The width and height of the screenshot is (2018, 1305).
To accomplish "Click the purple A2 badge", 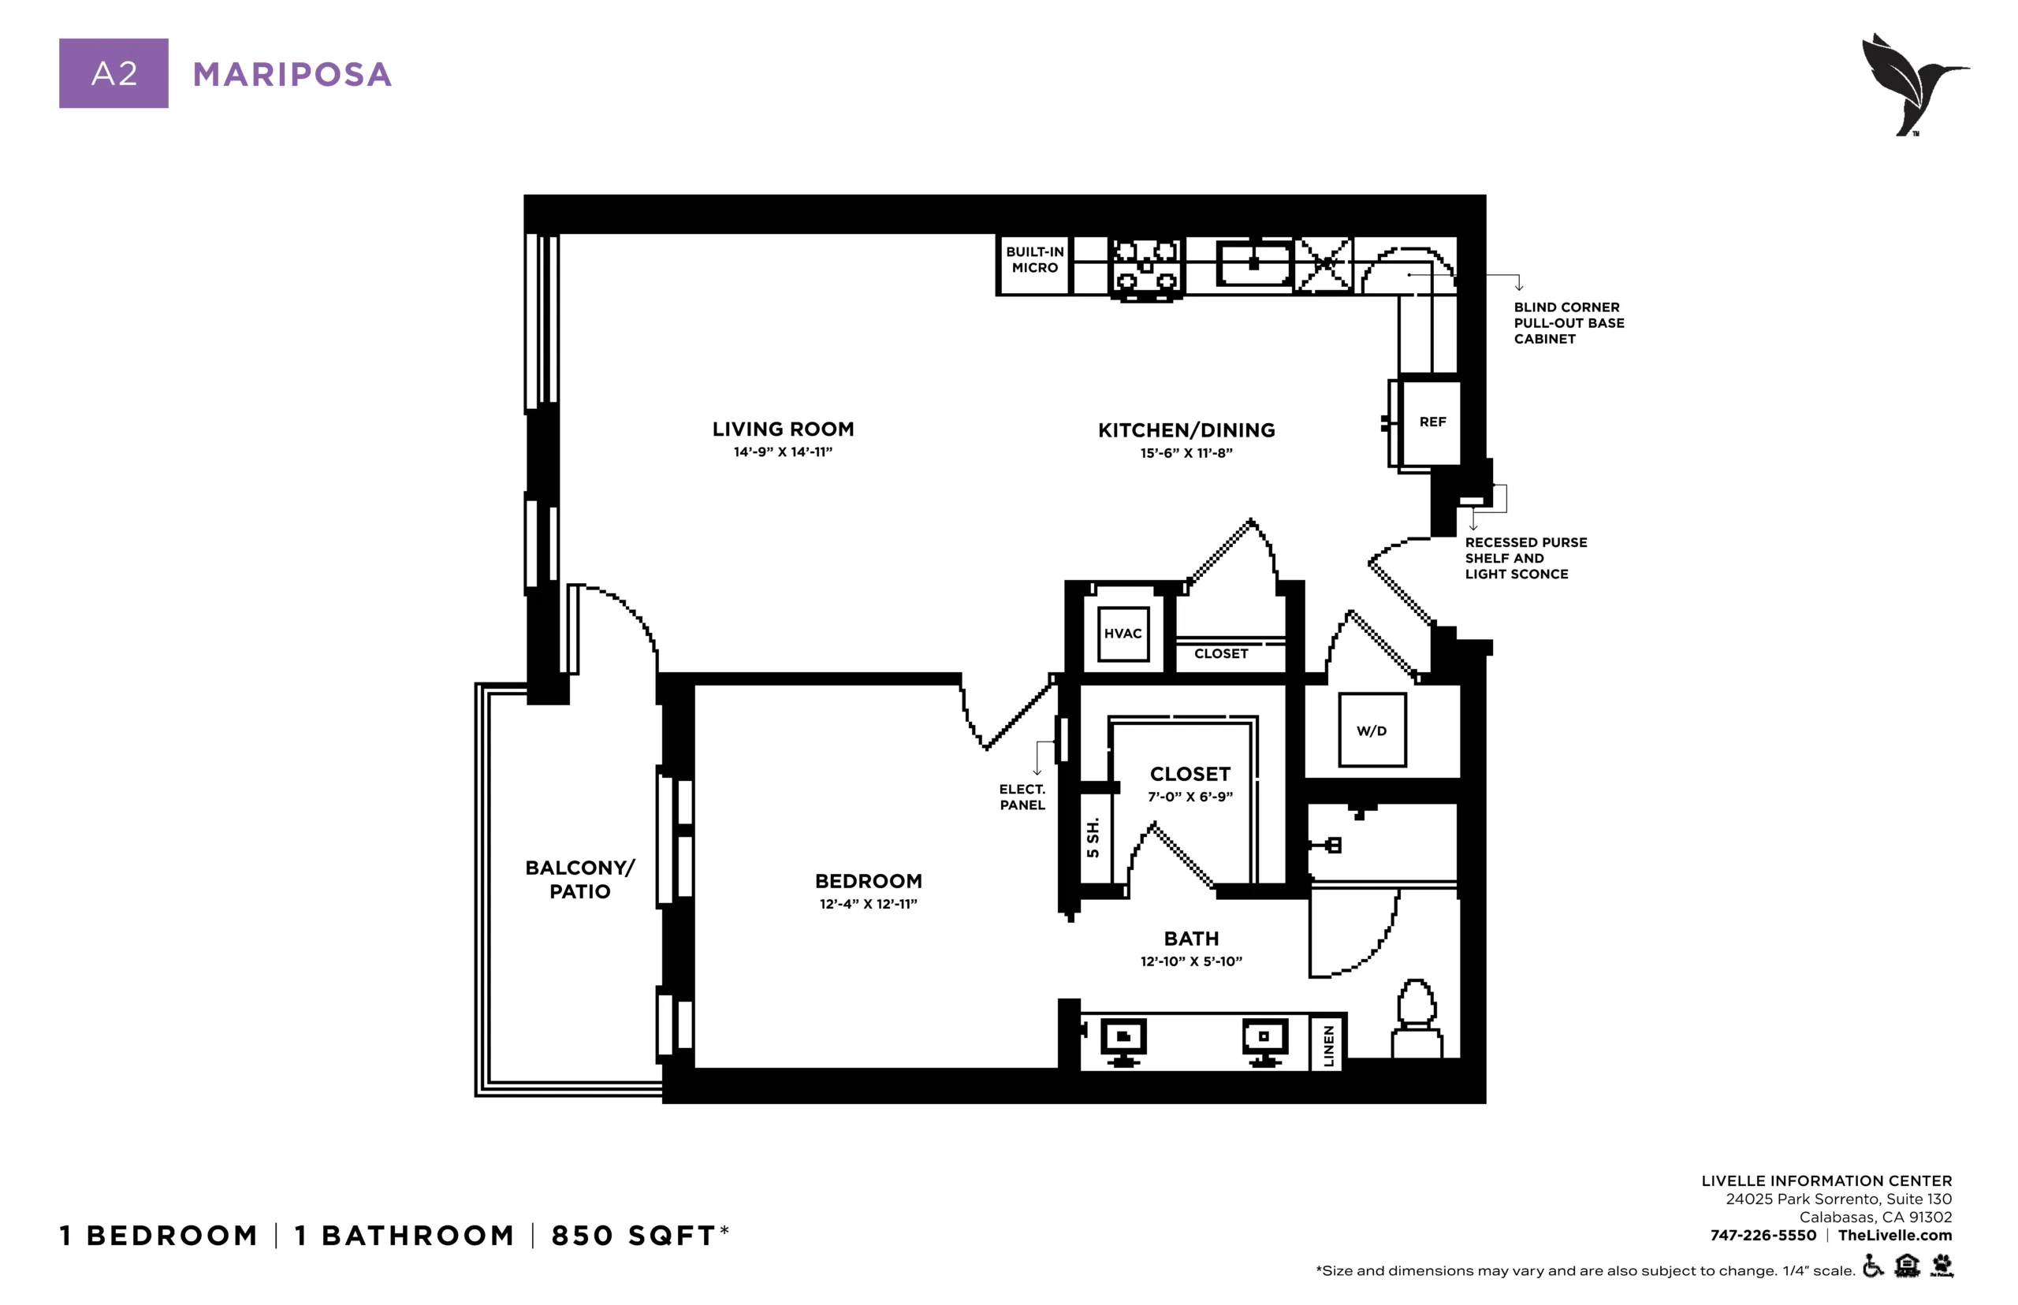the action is (114, 72).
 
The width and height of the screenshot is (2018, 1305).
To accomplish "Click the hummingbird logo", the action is (1914, 84).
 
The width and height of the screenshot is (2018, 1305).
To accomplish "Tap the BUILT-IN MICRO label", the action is (1034, 259).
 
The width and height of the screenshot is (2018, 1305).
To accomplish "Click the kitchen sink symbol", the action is (1253, 262).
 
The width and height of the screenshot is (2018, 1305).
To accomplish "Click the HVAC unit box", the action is (1123, 633).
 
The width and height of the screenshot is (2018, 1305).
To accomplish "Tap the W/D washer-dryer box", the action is (1372, 730).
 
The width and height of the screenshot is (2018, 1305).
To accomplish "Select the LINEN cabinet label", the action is (1328, 1045).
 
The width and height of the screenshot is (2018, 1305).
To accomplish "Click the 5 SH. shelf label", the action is (1093, 837).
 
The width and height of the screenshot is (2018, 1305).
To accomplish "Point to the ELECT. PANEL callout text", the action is (1022, 797).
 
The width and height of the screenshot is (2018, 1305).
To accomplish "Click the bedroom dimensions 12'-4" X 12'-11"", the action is (868, 904).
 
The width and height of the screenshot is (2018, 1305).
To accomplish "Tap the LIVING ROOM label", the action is (783, 429).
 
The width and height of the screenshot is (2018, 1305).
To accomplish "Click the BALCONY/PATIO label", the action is (579, 879).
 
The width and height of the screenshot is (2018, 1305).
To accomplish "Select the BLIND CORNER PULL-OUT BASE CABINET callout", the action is (1569, 323).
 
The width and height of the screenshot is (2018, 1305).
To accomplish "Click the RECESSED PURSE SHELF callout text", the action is (1525, 558).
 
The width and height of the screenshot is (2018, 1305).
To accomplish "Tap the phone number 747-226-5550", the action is (1763, 1235).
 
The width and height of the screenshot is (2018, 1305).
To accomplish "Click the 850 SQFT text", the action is (634, 1235).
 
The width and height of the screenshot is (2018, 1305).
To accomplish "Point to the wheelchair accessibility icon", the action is (1873, 1267).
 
